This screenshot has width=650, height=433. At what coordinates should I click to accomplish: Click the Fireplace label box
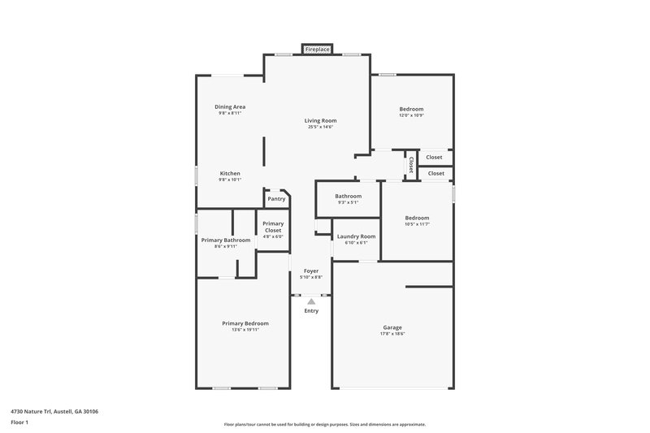click(317, 50)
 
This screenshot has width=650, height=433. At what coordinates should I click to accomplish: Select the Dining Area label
click(230, 106)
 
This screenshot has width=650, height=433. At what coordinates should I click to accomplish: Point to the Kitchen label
click(230, 173)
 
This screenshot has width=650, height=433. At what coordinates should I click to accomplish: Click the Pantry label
click(276, 198)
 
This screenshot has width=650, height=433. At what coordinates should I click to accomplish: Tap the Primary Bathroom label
click(226, 240)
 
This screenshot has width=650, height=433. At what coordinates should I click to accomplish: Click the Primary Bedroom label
click(245, 323)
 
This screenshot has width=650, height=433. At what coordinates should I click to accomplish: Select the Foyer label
click(311, 271)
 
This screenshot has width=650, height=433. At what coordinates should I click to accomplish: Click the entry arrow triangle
click(311, 301)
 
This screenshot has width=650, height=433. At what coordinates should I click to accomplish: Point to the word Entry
click(311, 310)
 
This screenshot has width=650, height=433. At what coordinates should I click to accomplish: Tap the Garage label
click(392, 327)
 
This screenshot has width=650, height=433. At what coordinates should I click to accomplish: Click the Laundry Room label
click(357, 236)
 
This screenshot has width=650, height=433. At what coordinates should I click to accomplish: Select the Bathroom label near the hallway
click(349, 196)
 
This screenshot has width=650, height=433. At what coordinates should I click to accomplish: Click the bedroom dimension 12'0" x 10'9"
click(411, 115)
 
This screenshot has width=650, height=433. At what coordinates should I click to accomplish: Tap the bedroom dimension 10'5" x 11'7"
click(417, 224)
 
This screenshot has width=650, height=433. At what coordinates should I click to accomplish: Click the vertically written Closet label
click(411, 165)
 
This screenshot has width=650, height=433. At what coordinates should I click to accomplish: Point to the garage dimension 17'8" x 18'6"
click(392, 334)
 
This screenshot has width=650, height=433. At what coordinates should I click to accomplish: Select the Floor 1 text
click(19, 423)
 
